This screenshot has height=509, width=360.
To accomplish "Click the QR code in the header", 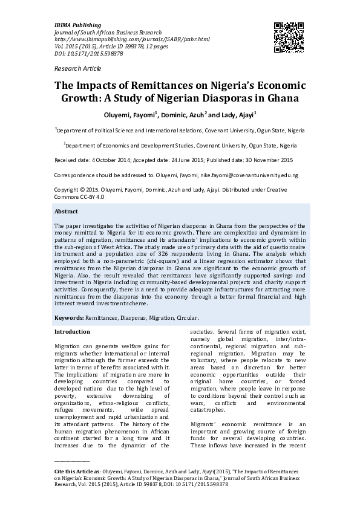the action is pos(289,34).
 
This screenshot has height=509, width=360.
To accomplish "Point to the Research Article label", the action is pos(78,70).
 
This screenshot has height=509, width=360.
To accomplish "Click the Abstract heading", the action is pos(66,212).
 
